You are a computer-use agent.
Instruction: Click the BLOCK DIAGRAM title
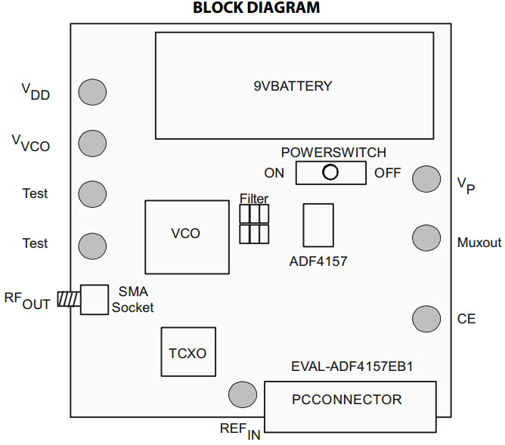[x=256, y=8]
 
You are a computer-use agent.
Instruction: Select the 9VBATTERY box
[x=294, y=85]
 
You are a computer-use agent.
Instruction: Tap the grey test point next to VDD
[x=92, y=92]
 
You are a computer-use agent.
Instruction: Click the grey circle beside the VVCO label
[x=92, y=142]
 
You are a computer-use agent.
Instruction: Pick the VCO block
[x=187, y=236]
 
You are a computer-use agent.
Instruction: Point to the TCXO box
[x=187, y=352]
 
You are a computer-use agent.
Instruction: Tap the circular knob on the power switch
[x=330, y=172]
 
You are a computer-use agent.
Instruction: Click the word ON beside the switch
[x=274, y=173]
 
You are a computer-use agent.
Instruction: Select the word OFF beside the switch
[x=388, y=173]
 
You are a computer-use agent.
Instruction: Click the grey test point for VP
[x=426, y=178]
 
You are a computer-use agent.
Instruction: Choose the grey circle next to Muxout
[x=426, y=237]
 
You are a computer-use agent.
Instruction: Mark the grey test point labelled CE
[x=426, y=319]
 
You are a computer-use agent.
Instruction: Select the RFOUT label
[x=27, y=301]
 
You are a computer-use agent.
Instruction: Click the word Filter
[x=254, y=199]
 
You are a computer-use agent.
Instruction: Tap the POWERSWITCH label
[x=333, y=153]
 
